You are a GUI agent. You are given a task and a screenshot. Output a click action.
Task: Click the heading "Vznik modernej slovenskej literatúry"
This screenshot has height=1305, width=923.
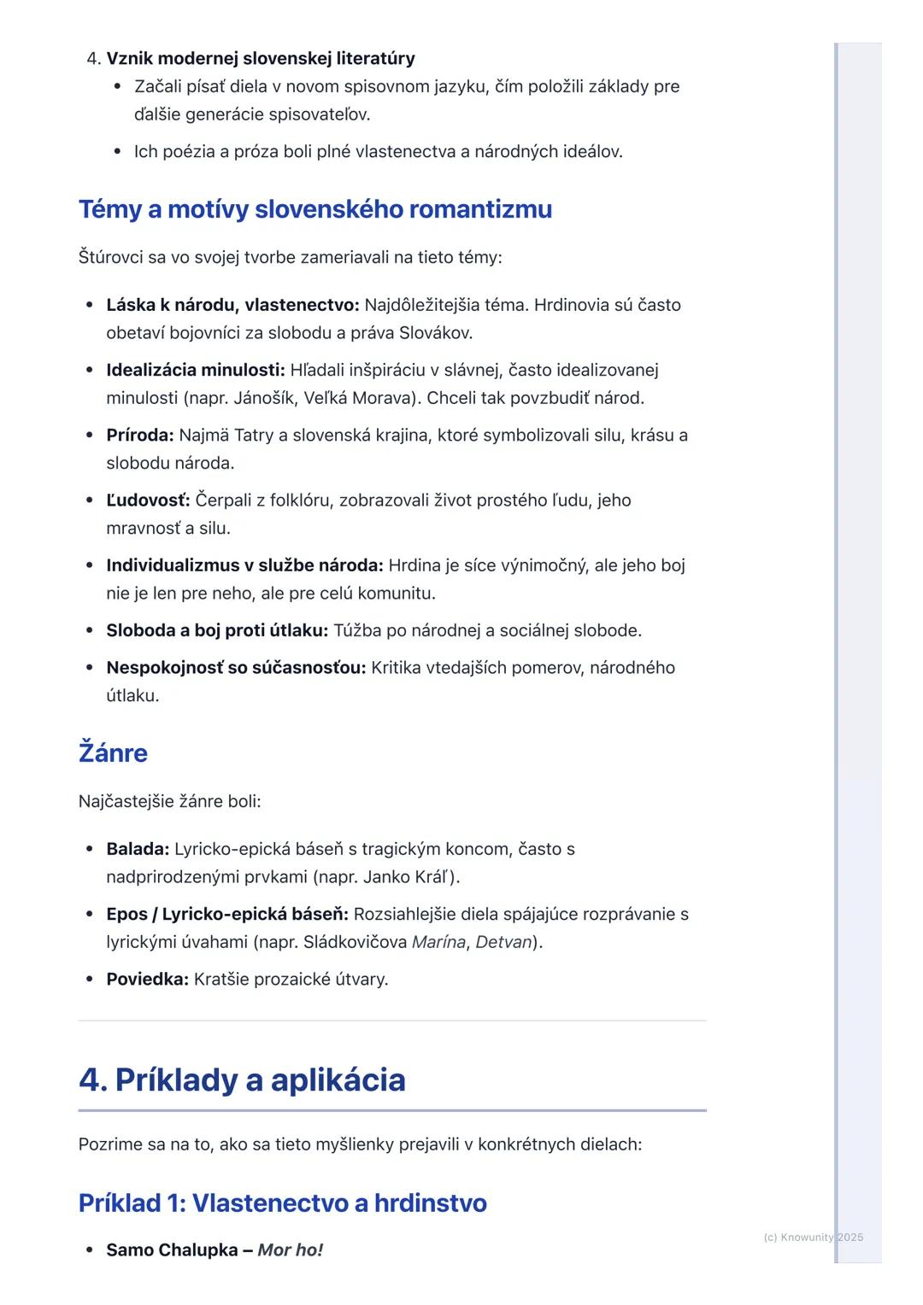click(x=260, y=58)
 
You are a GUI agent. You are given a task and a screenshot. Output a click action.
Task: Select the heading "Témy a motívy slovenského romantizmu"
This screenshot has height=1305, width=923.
click(x=315, y=209)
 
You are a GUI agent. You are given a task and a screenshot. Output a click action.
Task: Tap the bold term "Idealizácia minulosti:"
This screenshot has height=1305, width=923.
click(x=195, y=370)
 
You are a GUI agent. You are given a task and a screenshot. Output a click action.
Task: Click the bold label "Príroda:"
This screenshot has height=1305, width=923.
click(x=139, y=436)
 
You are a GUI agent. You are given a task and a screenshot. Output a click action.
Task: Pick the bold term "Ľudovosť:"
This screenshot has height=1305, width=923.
click(x=148, y=500)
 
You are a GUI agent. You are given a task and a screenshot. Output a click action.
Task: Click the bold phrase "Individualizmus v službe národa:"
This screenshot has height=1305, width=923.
click(x=244, y=565)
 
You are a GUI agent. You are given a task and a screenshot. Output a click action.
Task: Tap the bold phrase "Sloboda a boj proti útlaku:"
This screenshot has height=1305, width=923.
click(x=217, y=630)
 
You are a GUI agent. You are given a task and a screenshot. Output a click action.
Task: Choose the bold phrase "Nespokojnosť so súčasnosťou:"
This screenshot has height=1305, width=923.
click(x=236, y=668)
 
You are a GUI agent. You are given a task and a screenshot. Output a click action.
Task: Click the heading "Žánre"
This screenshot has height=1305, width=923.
click(x=113, y=753)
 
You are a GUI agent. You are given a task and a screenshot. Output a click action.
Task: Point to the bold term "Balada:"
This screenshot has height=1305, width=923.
click(x=138, y=849)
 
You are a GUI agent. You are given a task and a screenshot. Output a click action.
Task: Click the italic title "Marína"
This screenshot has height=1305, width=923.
click(x=438, y=942)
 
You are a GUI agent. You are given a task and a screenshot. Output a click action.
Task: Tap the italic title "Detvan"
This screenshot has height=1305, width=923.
click(x=503, y=942)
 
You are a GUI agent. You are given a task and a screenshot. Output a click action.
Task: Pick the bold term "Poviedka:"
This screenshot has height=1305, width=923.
click(x=147, y=980)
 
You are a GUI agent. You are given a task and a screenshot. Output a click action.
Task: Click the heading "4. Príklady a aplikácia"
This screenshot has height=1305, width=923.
click(x=242, y=1080)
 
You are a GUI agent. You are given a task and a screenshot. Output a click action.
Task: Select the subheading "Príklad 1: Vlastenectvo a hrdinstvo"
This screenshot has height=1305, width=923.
click(x=282, y=1203)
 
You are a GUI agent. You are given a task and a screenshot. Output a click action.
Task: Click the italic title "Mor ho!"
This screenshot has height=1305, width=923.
click(x=290, y=1250)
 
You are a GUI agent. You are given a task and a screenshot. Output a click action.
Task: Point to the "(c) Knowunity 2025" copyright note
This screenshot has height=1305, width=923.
click(x=813, y=1237)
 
